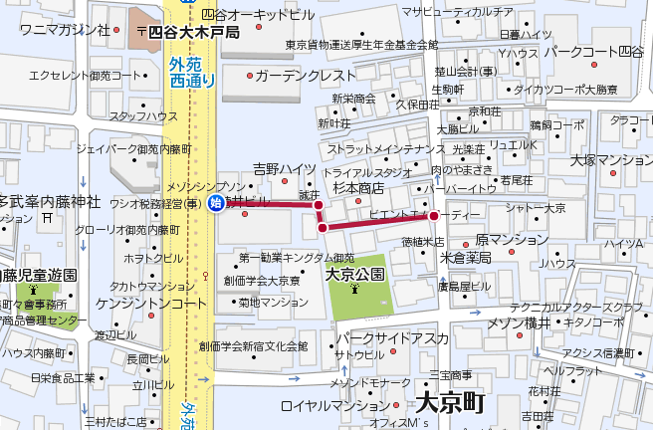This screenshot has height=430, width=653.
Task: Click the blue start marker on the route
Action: (216, 204)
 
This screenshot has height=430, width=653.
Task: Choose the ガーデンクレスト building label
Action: (305, 76)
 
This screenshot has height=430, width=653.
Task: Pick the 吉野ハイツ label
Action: (284, 169)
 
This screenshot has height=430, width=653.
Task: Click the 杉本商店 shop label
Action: (358, 187)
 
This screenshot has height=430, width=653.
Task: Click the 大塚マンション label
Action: (611, 159)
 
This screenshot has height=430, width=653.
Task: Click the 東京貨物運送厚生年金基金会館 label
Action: (361, 45)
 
